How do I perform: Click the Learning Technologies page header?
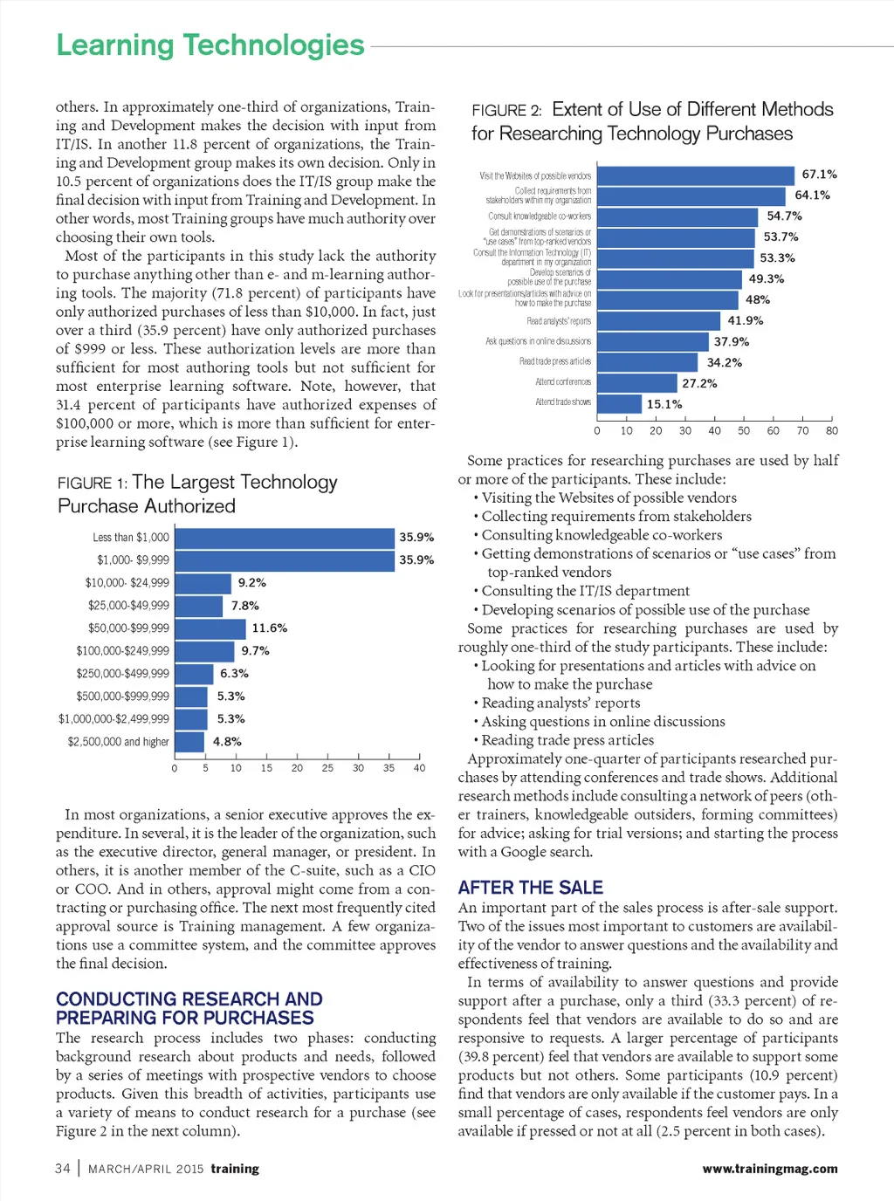(x=210, y=45)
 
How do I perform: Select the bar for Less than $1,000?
(x=285, y=538)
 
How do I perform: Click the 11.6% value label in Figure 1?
(x=269, y=628)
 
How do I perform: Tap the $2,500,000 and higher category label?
(x=119, y=742)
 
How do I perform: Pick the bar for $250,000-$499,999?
(x=194, y=674)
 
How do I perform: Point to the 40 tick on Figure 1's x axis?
(x=419, y=768)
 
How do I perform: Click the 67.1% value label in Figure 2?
(x=819, y=175)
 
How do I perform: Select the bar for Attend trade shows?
(x=619, y=404)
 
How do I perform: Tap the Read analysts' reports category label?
(x=559, y=321)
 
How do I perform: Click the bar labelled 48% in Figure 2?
(x=668, y=299)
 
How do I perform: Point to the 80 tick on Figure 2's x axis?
(x=832, y=430)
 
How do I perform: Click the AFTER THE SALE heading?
(x=531, y=888)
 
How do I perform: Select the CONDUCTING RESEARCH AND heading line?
(x=189, y=999)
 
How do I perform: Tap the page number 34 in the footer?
(x=63, y=1169)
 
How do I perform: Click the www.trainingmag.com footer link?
(x=769, y=1169)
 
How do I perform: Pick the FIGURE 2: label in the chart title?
(x=506, y=111)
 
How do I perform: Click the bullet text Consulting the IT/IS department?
(x=585, y=591)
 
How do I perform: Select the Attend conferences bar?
(x=637, y=383)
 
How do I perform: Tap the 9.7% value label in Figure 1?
(x=255, y=651)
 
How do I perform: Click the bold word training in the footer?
(x=235, y=1169)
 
